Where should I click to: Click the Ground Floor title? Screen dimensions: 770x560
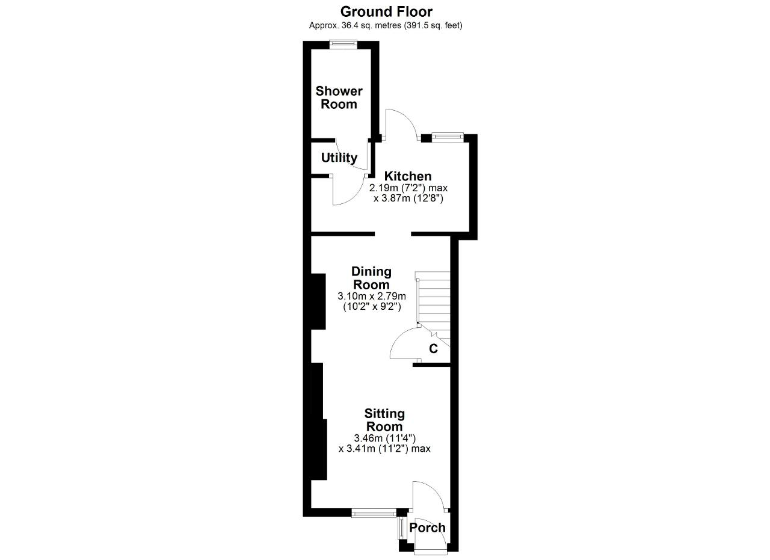click(386, 12)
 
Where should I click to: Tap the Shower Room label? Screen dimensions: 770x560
click(339, 97)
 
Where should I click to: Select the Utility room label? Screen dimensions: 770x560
click(339, 158)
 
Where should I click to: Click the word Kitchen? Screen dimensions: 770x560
click(408, 176)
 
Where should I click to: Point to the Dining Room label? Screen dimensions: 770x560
click(371, 278)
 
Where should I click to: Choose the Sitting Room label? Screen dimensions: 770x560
click(384, 420)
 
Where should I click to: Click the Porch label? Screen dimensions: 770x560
click(427, 528)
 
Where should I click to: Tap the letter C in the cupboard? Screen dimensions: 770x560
click(434, 349)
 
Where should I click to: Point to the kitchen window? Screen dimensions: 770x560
click(447, 137)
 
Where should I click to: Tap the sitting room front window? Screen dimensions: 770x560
click(374, 514)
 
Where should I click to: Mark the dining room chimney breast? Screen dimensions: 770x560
click(318, 301)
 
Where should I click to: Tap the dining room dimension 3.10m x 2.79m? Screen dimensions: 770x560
click(372, 296)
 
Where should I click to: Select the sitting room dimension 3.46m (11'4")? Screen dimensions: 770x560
click(384, 438)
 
